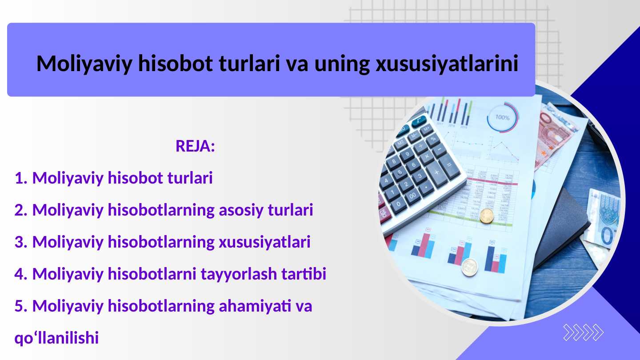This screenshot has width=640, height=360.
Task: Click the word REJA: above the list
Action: click(195, 146)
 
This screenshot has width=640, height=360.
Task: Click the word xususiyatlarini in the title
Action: click(447, 64)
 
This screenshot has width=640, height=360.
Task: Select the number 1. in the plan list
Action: click(21, 178)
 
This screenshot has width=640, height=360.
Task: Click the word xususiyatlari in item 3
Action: click(264, 242)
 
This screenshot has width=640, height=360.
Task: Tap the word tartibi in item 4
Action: click(304, 274)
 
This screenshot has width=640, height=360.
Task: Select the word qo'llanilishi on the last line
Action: click(56, 338)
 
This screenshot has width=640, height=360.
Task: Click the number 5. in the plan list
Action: click(21, 306)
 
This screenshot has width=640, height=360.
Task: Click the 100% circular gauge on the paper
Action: click(502, 118)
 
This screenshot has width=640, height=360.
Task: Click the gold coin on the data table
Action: click(487, 216)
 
